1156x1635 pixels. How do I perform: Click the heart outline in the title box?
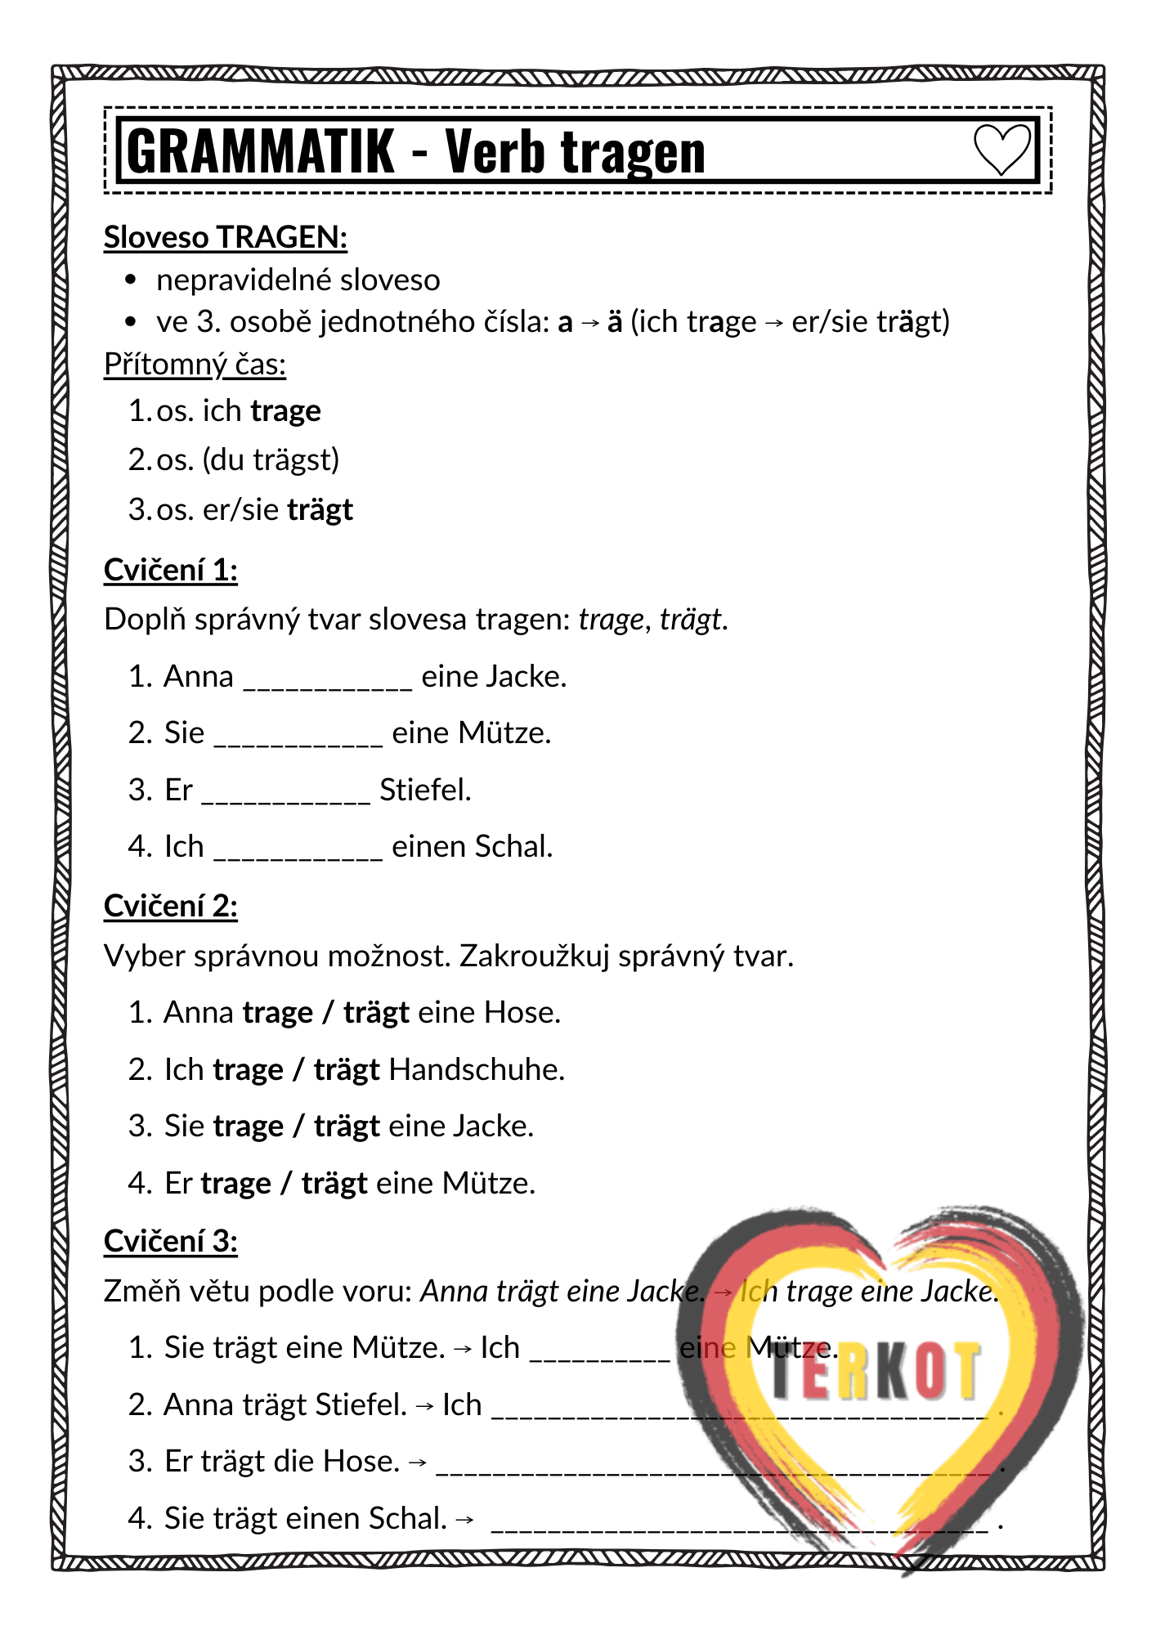tap(1001, 150)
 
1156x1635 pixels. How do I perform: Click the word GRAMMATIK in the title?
tap(261, 152)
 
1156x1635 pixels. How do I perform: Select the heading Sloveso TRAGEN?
tap(226, 237)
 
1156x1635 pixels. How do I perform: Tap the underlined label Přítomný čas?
tap(195, 364)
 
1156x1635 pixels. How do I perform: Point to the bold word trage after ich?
tap(285, 410)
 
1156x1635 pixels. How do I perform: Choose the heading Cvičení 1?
tap(170, 569)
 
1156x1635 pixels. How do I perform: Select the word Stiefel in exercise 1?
tap(425, 790)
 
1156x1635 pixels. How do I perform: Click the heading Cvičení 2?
tap(170, 906)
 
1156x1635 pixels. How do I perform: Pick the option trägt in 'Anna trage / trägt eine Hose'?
tap(376, 1013)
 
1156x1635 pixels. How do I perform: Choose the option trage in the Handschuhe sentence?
tap(248, 1070)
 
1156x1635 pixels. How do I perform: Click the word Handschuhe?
tap(477, 1069)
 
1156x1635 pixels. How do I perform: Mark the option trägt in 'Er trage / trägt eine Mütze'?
tap(334, 1183)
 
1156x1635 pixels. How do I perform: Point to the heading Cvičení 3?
tap(170, 1241)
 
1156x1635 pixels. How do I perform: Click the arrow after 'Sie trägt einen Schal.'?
tap(464, 1520)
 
